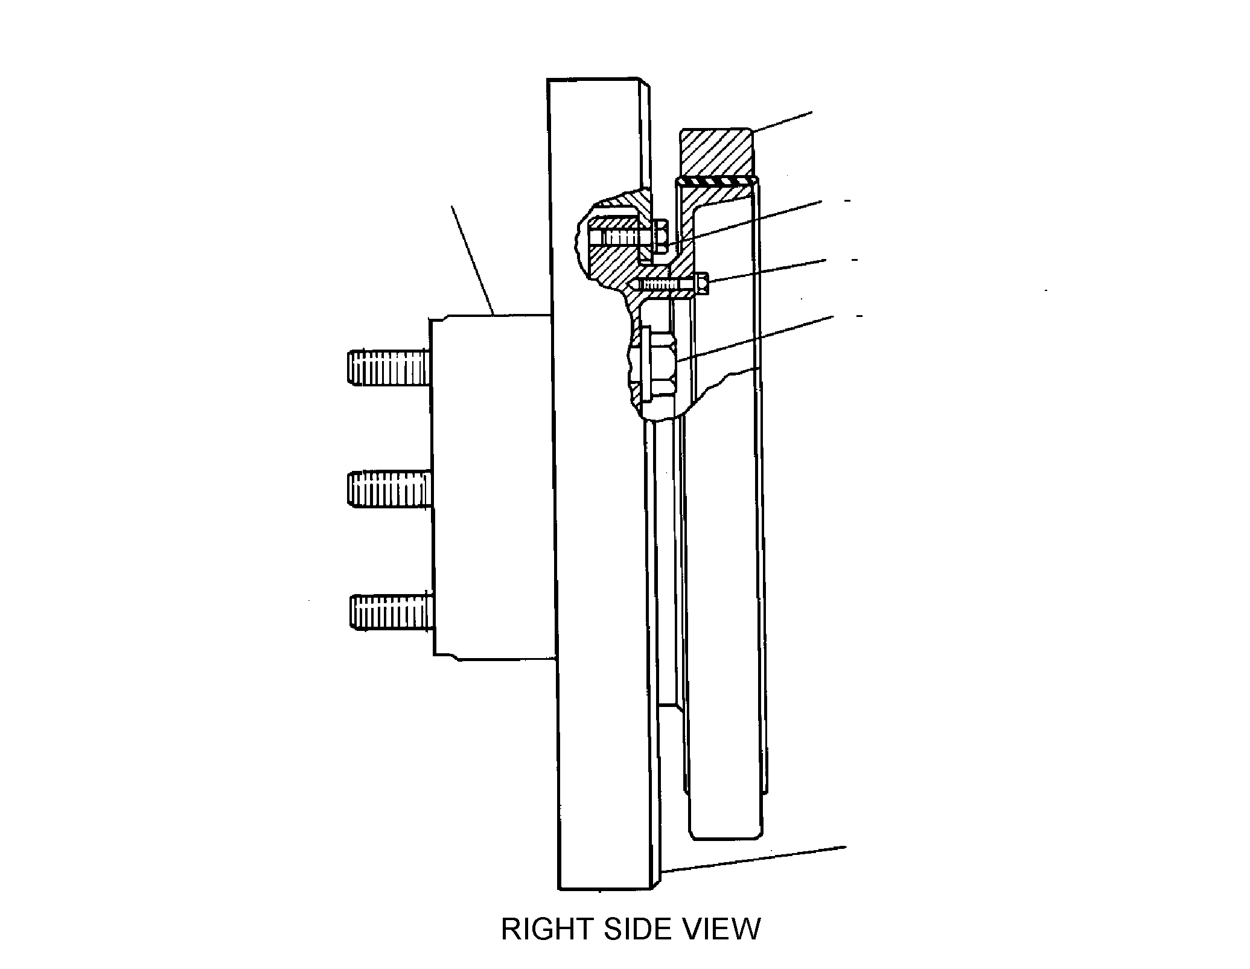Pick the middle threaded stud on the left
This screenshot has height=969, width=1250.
click(x=391, y=488)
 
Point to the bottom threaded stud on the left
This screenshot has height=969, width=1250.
click(x=392, y=613)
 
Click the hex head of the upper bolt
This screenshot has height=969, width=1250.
click(x=659, y=237)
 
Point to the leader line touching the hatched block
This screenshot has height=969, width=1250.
click(x=782, y=123)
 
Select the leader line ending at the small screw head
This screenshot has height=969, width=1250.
click(x=768, y=271)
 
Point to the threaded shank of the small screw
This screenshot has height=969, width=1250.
click(x=663, y=284)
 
